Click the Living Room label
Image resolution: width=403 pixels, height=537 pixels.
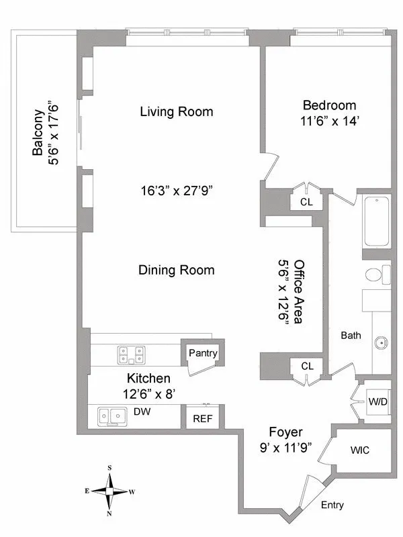coord(176,111)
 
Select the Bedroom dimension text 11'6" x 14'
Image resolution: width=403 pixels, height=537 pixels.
coord(329,123)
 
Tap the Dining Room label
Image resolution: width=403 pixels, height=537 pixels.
coord(176,270)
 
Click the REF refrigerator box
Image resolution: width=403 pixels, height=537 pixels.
coord(202,418)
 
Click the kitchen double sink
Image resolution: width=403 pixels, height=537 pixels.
coord(112,416)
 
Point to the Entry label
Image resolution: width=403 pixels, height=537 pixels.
coord(333,505)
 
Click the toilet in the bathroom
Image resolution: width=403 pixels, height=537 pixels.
coord(378,275)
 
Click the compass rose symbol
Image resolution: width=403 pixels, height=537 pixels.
coord(109,491)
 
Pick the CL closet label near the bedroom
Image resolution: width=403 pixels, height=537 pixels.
coord(306,201)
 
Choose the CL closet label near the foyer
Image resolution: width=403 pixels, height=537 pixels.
coord(306,366)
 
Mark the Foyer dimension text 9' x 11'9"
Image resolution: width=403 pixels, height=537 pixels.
coord(285,448)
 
